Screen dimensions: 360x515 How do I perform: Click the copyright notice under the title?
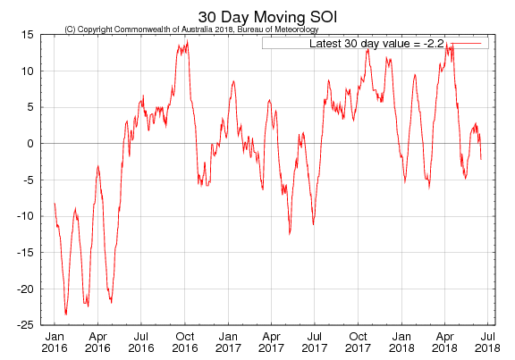pyautogui.click(x=191, y=29)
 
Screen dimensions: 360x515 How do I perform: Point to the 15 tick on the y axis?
pyautogui.click(x=27, y=34)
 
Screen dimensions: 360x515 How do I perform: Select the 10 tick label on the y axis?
pyautogui.click(x=27, y=71)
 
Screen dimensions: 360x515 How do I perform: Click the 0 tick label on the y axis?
pyautogui.click(x=30, y=143)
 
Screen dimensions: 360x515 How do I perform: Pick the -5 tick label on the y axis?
pyautogui.click(x=28, y=180)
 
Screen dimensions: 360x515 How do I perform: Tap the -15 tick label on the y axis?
pyautogui.click(x=25, y=253)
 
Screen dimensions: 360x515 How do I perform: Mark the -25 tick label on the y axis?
pyautogui.click(x=25, y=325)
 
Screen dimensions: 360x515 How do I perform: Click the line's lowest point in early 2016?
pyautogui.click(x=66, y=314)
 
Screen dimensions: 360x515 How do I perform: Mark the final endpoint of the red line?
pyautogui.click(x=481, y=159)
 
